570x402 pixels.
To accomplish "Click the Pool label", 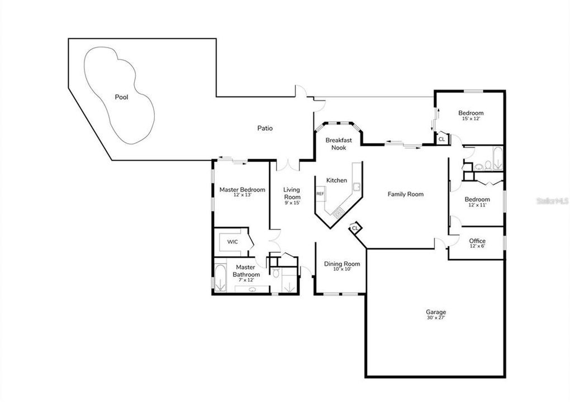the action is pyautogui.click(x=121, y=97).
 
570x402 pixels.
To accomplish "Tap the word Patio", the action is pyautogui.click(x=265, y=128).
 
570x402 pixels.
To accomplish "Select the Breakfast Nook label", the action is pyautogui.click(x=339, y=144).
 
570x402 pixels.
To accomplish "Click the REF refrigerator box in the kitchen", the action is pyautogui.click(x=320, y=194).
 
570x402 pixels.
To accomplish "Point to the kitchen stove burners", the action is pyautogui.click(x=339, y=212).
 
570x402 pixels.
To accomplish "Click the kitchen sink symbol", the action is pyautogui.click(x=357, y=186).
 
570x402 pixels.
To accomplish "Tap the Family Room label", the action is pyautogui.click(x=405, y=194).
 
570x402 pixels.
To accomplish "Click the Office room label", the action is pyautogui.click(x=477, y=241).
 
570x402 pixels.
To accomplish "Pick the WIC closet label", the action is pyautogui.click(x=232, y=242).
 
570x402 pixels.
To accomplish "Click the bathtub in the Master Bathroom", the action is pyautogui.click(x=220, y=278).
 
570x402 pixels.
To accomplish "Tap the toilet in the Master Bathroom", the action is pyautogui.click(x=276, y=272).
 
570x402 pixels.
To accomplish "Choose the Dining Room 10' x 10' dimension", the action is pyautogui.click(x=342, y=270).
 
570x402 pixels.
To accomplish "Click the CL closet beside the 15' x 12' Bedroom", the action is pyautogui.click(x=441, y=138).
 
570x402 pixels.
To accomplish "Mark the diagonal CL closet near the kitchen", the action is pyautogui.click(x=355, y=228).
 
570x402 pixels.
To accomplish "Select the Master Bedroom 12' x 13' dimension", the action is pyautogui.click(x=242, y=195).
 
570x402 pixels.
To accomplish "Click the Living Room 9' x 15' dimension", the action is pyautogui.click(x=292, y=203).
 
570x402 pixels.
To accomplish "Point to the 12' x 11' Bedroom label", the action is pyautogui.click(x=477, y=202).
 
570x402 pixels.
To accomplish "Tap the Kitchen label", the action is pyautogui.click(x=336, y=180).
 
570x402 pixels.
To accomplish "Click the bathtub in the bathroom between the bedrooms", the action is pyautogui.click(x=498, y=159).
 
